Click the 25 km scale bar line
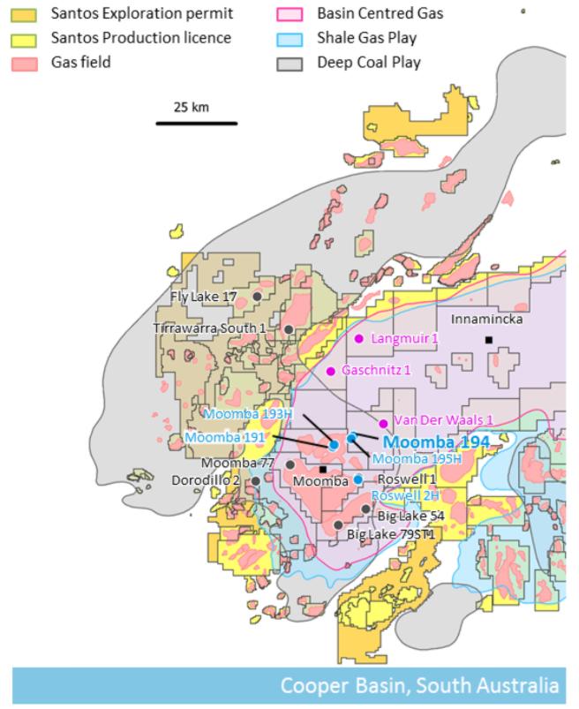tap(196, 123)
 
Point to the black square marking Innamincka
tap(487, 340)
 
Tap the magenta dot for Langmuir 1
tap(359, 338)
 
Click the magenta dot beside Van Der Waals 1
tap(383, 423)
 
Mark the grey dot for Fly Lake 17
tap(257, 297)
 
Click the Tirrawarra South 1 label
tap(209, 328)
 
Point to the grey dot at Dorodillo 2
tap(256, 480)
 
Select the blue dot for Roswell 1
tap(358, 479)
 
